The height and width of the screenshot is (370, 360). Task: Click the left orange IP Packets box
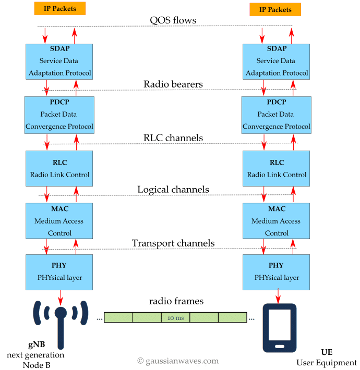tap(60, 8)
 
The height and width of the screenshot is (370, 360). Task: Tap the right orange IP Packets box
tap(275, 9)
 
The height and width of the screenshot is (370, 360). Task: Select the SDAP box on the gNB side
tap(59, 61)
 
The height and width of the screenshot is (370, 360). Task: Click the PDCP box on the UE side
tap(277, 114)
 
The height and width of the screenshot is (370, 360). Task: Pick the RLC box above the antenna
tap(59, 168)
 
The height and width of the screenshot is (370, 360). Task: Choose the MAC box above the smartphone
tap(277, 220)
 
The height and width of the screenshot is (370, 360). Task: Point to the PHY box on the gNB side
tap(59, 272)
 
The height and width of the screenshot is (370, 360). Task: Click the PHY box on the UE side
tap(277, 272)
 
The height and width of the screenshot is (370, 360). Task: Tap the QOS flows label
tap(173, 21)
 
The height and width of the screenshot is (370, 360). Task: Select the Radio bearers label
tap(173, 84)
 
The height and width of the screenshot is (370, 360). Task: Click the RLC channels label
tap(173, 138)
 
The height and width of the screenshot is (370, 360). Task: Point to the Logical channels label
tap(173, 189)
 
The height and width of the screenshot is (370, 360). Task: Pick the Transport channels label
tap(173, 243)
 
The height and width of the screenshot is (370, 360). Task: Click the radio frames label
tap(176, 301)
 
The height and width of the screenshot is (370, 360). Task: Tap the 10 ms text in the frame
tap(175, 317)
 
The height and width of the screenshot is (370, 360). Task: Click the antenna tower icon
tap(61, 324)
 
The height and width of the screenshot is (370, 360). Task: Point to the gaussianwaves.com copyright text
tap(177, 361)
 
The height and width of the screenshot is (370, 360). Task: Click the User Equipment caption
tap(327, 362)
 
